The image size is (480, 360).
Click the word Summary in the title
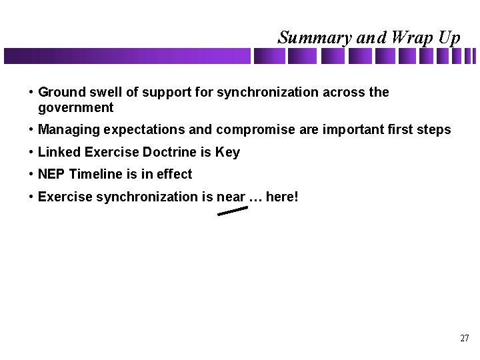pos(315,38)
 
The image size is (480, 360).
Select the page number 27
pos(465,338)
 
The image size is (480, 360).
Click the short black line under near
pos(233,211)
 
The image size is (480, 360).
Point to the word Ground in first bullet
pos(60,92)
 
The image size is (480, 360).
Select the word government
pos(76,108)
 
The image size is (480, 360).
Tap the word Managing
pos(66,130)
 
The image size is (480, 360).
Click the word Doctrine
pos(169,152)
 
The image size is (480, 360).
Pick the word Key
pos(227,152)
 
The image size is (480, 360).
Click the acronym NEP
pos(52,174)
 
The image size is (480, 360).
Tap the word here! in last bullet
pos(282,197)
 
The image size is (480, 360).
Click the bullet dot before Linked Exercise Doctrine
pos(31,153)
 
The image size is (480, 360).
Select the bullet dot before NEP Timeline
pos(31,175)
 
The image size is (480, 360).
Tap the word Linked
pos(59,152)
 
